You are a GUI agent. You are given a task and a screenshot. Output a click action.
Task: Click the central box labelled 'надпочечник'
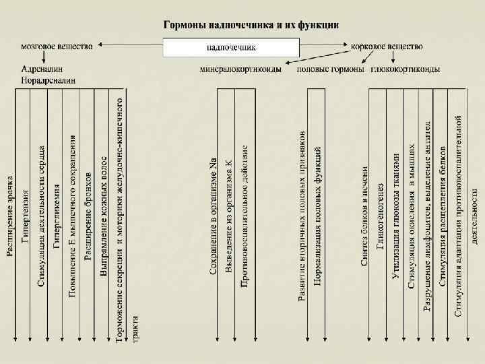click(231, 47)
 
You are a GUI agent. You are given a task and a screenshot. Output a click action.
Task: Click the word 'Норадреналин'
click(48, 80)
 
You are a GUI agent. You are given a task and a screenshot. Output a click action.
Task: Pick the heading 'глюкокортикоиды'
click(406, 69)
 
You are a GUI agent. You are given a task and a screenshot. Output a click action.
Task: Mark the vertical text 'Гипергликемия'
click(57, 216)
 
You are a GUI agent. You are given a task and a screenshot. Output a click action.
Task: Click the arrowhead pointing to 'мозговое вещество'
click(98, 46)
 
